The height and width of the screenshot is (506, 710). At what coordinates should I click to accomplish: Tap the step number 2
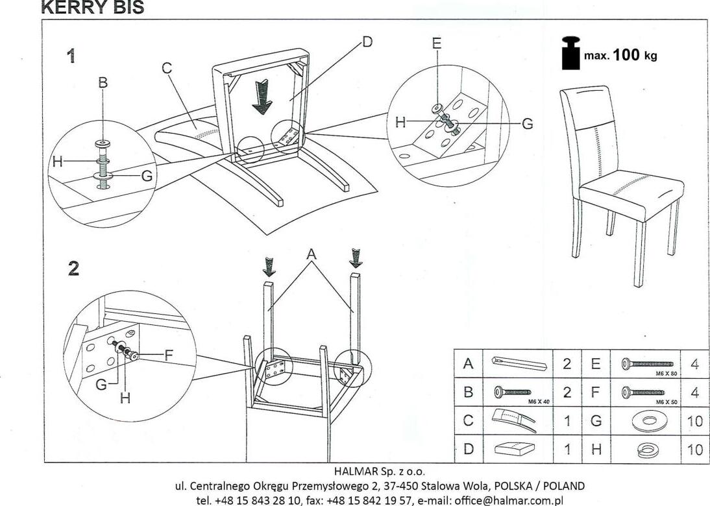(73, 269)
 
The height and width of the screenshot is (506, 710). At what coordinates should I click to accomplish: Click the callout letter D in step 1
(367, 42)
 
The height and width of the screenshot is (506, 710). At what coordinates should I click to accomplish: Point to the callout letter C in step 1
(167, 67)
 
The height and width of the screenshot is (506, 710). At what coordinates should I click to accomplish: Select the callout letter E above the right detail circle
(437, 43)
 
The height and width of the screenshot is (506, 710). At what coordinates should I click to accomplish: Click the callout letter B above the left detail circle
(103, 83)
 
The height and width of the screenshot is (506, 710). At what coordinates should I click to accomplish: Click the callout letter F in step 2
(168, 355)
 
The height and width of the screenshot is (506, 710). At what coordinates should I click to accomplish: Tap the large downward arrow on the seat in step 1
(263, 98)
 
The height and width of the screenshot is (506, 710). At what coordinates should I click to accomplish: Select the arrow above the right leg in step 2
(356, 258)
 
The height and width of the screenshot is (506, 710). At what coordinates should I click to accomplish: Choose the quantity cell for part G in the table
(694, 420)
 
